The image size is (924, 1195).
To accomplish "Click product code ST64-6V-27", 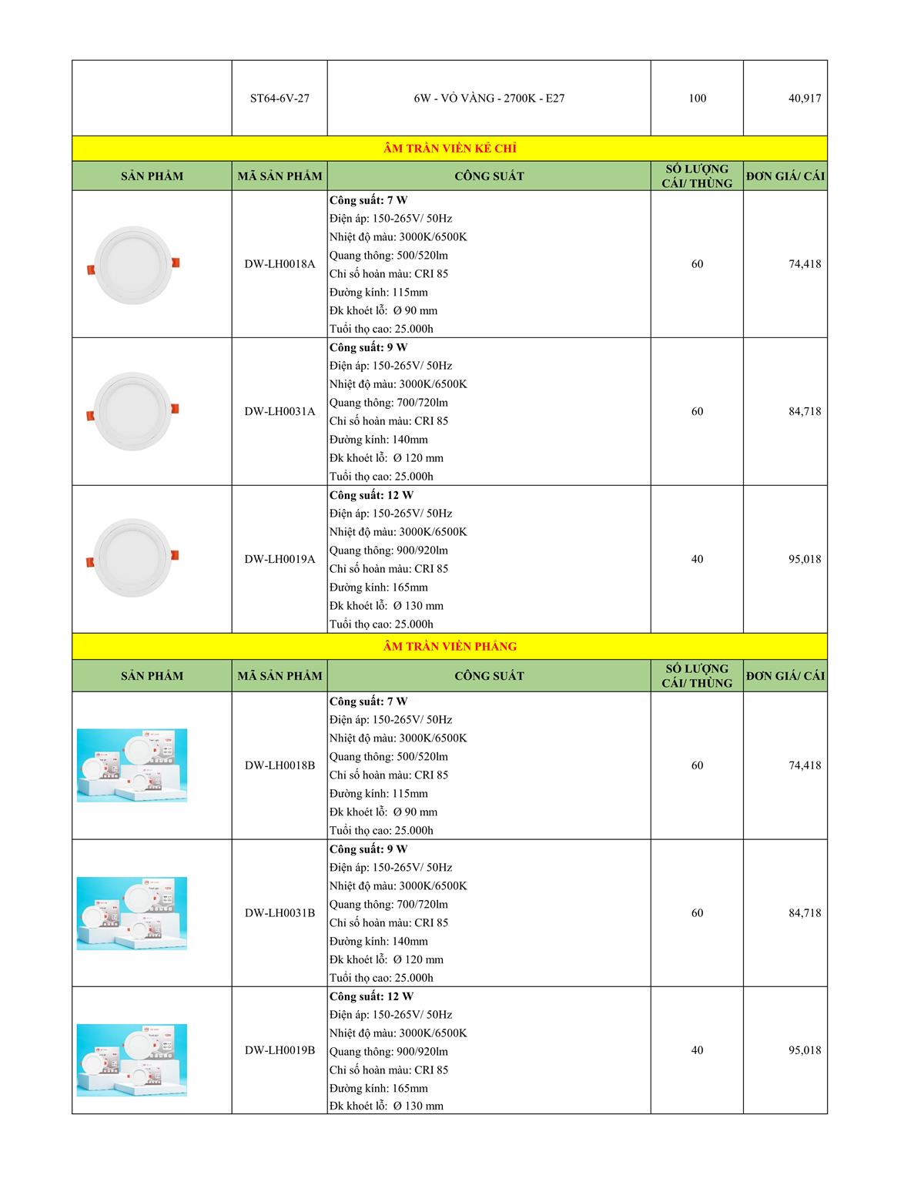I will [280, 99].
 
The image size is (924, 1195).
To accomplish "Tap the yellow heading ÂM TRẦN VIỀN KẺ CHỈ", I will [450, 149].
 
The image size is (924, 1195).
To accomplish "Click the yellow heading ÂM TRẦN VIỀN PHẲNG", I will [450, 647].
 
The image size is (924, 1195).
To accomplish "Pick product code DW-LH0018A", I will [280, 264].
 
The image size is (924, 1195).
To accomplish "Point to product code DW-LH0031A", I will [280, 411].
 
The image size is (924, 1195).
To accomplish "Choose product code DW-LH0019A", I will [280, 559].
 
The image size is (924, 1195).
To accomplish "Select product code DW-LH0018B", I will [280, 765].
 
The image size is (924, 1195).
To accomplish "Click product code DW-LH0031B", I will [280, 913].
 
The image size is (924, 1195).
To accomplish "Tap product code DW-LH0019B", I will [280, 1050].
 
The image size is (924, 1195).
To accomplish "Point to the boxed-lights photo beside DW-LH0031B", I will [132, 913].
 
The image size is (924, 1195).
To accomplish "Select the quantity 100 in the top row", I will [697, 99].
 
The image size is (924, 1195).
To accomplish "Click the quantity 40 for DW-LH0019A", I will [697, 559].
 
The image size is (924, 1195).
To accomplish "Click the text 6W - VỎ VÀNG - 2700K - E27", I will [488, 99].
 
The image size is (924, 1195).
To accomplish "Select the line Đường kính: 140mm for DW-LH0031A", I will [379, 440].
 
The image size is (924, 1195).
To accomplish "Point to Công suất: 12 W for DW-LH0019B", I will [371, 996].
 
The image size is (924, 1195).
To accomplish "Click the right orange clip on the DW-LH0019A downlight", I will [175, 554].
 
